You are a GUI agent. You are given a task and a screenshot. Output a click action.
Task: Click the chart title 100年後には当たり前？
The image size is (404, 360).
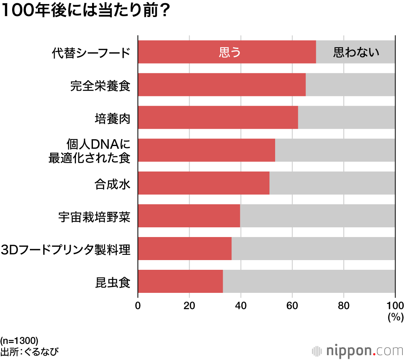pyautogui.click(x=85, y=11)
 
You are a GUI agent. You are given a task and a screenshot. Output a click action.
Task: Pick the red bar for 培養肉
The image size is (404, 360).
pyautogui.click(x=218, y=117)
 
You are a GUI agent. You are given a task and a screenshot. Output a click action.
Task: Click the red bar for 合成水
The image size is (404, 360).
pyautogui.click(x=204, y=183)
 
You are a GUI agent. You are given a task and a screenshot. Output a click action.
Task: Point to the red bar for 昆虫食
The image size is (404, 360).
pyautogui.click(x=180, y=281)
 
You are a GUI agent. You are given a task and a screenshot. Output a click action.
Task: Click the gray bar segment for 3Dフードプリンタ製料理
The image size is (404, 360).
pyautogui.click(x=313, y=248)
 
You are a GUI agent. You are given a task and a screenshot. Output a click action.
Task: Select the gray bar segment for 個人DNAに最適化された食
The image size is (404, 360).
pyautogui.click(x=335, y=150)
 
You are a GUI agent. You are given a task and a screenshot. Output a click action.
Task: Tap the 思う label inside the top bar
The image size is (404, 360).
pyautogui.click(x=229, y=52)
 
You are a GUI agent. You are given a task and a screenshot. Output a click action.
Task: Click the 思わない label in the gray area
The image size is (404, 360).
pyautogui.click(x=356, y=52)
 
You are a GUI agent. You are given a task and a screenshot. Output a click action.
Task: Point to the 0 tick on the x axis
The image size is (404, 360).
pyautogui.click(x=138, y=305)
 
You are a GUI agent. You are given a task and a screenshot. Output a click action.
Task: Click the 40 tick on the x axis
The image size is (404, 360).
pyautogui.click(x=241, y=305)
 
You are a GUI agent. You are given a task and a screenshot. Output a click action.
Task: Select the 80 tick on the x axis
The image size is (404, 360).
pyautogui.click(x=343, y=305)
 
